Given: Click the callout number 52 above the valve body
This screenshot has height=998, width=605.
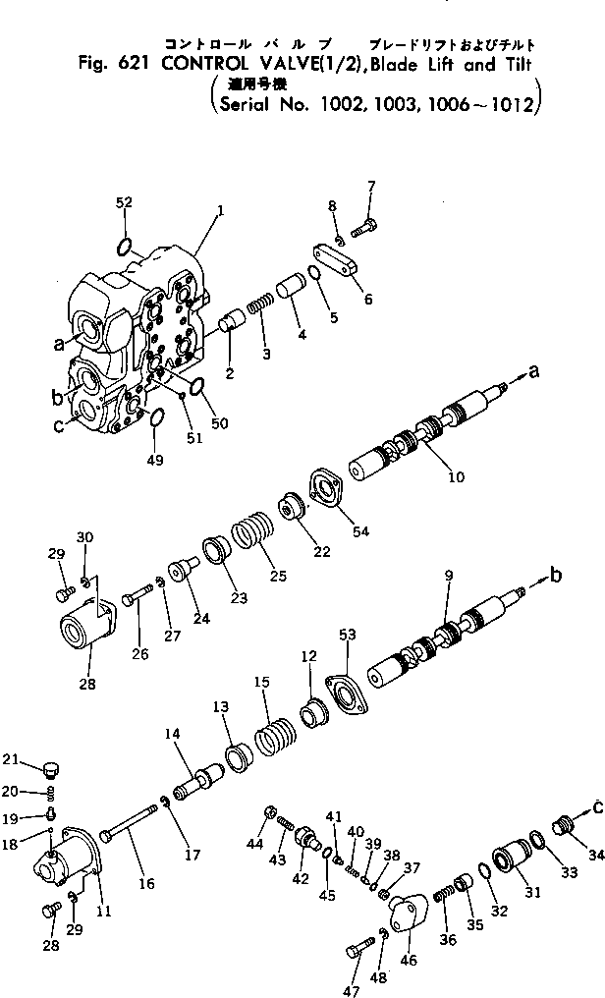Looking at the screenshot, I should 124,202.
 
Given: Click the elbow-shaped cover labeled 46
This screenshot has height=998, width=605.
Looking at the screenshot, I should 408,908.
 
